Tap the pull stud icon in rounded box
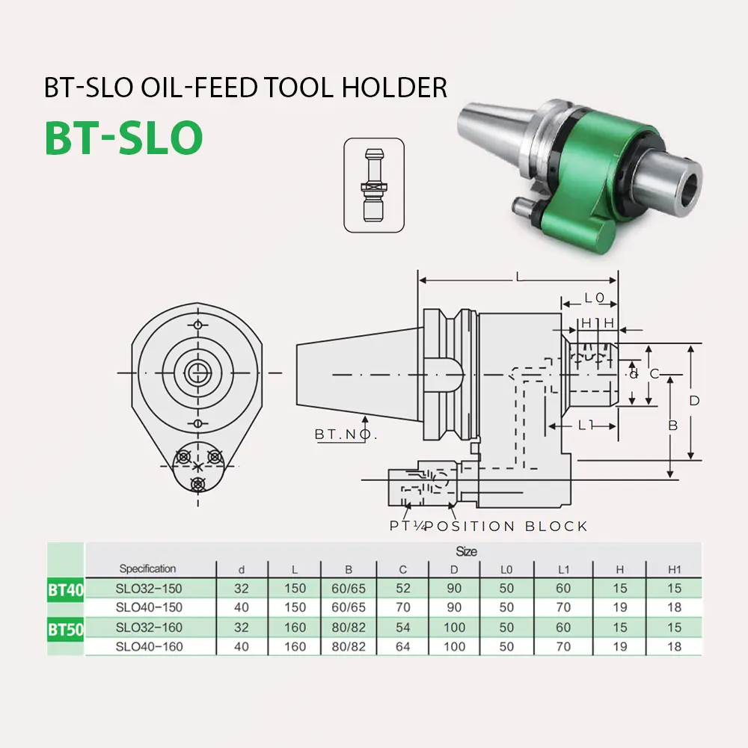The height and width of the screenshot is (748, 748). point(373,185)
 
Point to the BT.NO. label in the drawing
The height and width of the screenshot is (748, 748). point(346,435)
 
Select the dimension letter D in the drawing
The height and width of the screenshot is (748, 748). point(694,401)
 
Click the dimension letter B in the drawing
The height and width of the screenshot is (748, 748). point(672,425)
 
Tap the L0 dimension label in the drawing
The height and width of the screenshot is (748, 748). point(594,298)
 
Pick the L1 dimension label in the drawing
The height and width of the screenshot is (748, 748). point(586,424)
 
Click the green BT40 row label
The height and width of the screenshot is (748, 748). point(66,589)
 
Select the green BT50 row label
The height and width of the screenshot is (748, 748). point(66,629)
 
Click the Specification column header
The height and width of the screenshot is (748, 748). point(147,569)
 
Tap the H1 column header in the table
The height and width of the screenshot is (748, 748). point(674,570)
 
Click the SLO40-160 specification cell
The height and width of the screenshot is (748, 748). point(150,646)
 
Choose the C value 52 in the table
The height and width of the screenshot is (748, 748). point(403,589)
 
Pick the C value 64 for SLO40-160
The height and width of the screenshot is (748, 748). point(403,646)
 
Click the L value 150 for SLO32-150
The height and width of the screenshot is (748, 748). point(295,589)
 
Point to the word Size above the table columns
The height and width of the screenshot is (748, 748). point(466,551)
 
